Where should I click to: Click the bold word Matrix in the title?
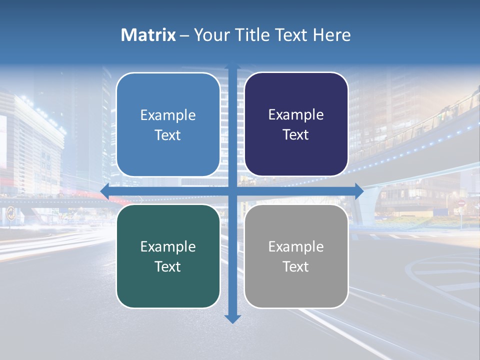[x=148, y=35]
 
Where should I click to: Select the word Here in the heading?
[x=332, y=35]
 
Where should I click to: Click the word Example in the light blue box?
[x=168, y=115]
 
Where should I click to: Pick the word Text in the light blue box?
[x=168, y=135]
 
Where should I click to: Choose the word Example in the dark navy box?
[x=296, y=115]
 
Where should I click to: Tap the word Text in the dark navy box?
[x=296, y=135]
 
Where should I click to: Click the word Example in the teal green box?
[x=168, y=247]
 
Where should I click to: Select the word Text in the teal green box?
[x=168, y=267]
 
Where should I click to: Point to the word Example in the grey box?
[x=296, y=247]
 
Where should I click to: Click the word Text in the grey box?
[x=296, y=267]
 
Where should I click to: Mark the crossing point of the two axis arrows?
[x=232, y=191]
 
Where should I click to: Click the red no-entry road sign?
[x=461, y=203]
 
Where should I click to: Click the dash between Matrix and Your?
[x=184, y=35]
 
